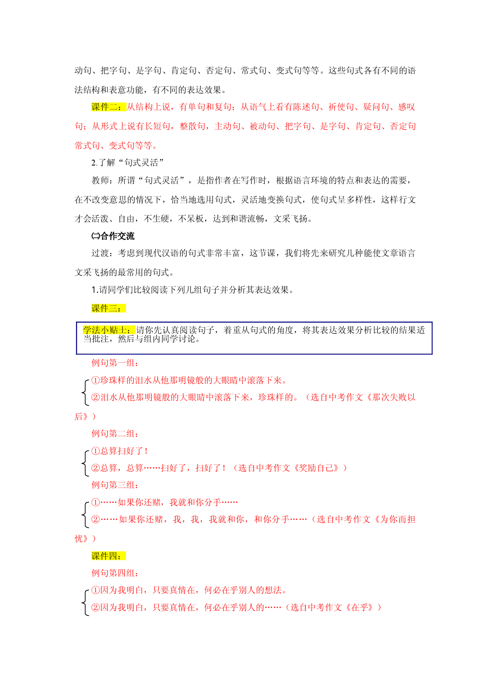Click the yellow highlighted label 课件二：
[109, 107]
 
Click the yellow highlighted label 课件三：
[109, 308]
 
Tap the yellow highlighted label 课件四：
[109, 556]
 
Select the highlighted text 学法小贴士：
[109, 330]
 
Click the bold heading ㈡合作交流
[113, 236]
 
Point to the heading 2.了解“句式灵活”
[128, 163]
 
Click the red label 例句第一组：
[115, 363]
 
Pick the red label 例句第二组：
[115, 433]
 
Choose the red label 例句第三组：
[115, 485]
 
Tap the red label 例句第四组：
[115, 573]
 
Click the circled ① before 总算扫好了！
[96, 451]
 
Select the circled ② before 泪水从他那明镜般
[96, 397]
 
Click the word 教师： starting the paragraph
[104, 181]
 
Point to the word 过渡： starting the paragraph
[104, 253]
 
